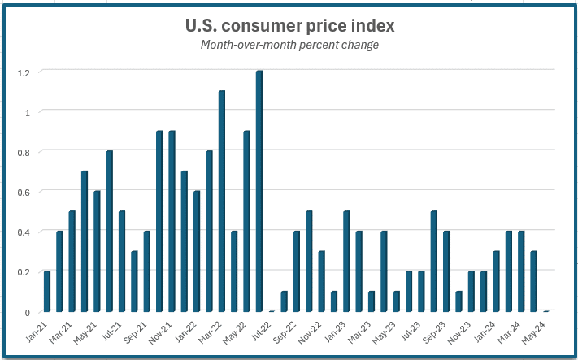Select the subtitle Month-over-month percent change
coord(290,45)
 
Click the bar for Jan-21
coord(47,292)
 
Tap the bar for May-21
coord(97,252)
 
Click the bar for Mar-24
coord(521,271)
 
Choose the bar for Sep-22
coord(297,271)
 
